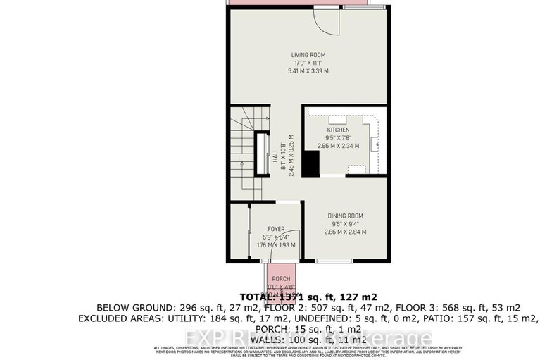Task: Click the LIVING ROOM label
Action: (x=308, y=54)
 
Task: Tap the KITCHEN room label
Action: (x=337, y=130)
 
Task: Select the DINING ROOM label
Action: (x=345, y=216)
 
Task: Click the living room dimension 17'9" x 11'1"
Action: (x=308, y=63)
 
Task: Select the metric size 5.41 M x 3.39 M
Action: (x=308, y=71)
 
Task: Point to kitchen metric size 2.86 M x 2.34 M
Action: (x=338, y=146)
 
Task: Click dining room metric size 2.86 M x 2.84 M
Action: (x=345, y=232)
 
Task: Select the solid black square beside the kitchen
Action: (x=310, y=164)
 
